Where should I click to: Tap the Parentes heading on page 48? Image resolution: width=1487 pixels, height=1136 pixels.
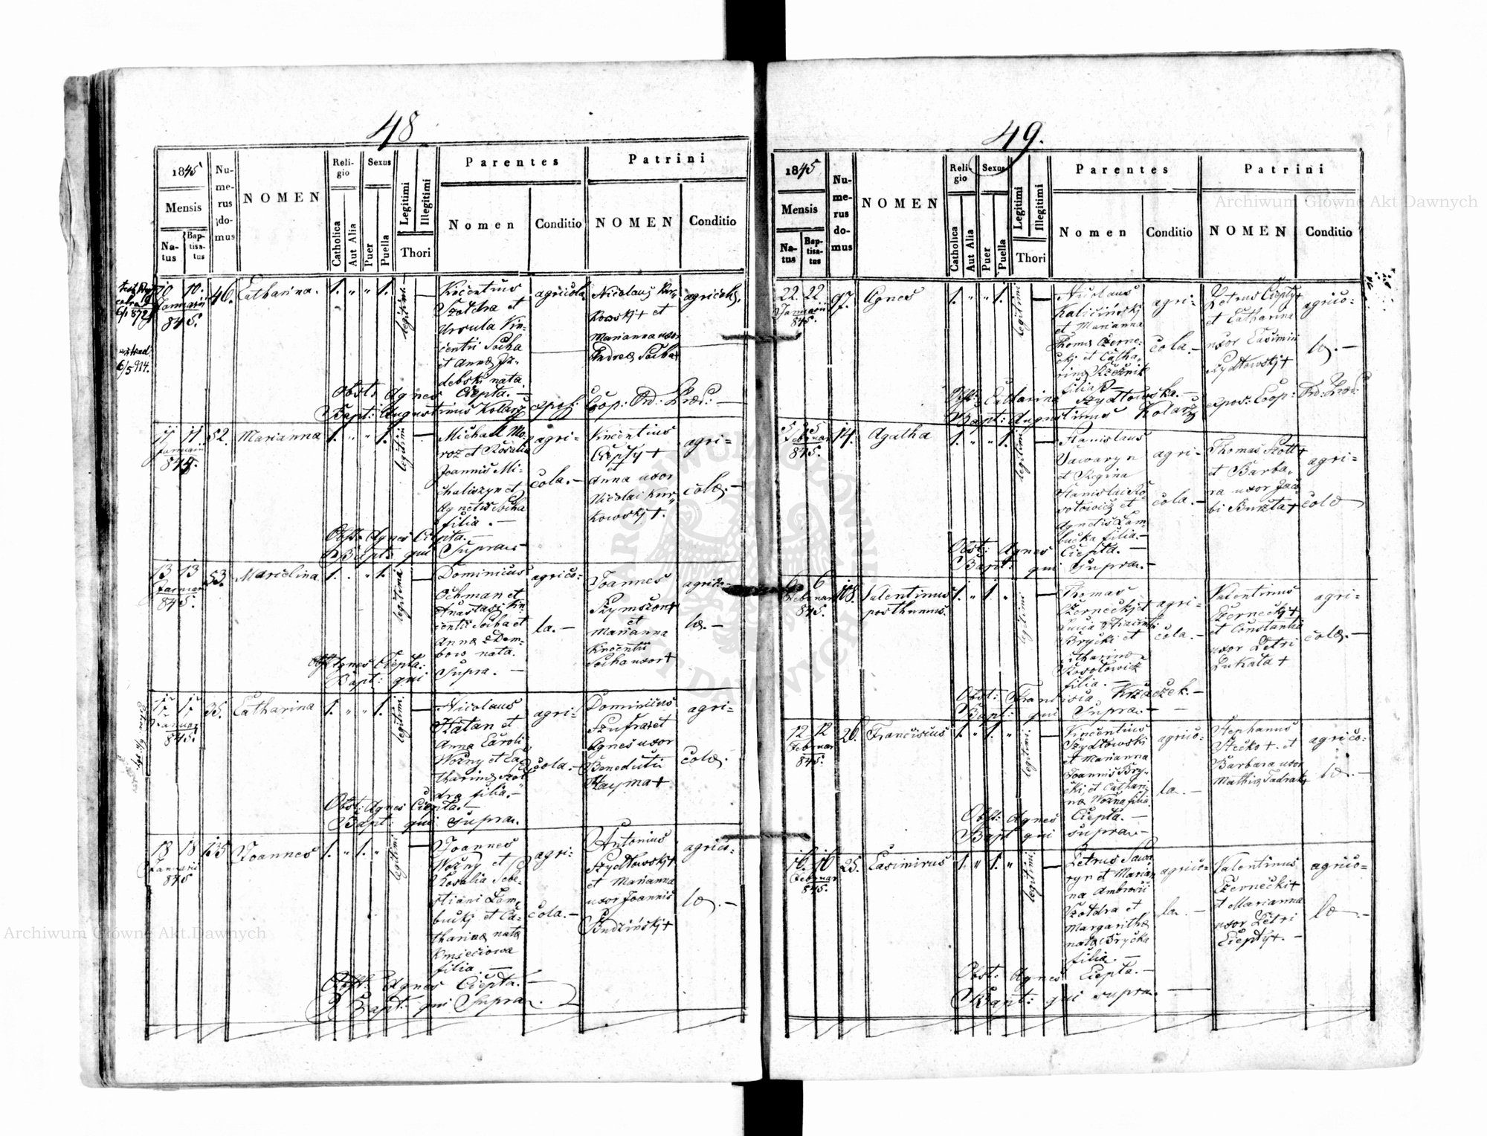512,162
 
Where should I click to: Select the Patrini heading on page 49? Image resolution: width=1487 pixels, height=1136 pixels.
1284,170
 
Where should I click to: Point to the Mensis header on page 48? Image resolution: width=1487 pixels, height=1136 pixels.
183,207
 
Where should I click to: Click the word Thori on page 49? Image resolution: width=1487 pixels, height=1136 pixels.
1031,258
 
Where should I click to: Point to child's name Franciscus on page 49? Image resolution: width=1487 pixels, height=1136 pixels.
900,732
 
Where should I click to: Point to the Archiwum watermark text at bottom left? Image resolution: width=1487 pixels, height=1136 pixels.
134,933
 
